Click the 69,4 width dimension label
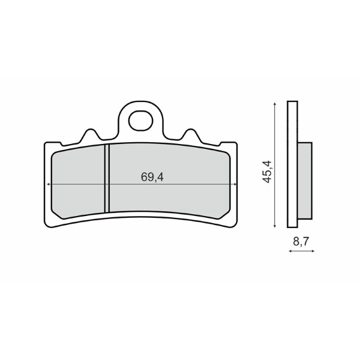152,177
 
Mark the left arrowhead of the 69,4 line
47,184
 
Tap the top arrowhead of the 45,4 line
275,103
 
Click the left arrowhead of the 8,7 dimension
290,252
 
